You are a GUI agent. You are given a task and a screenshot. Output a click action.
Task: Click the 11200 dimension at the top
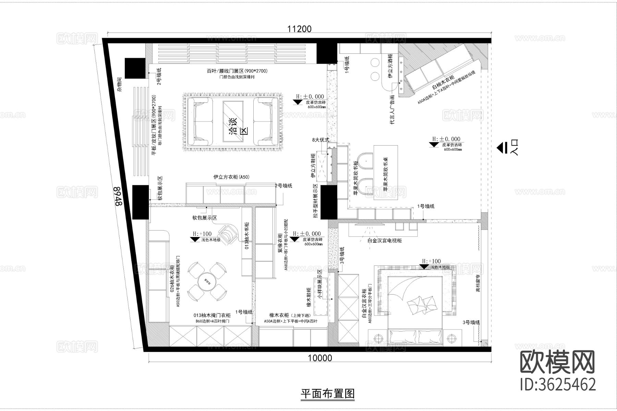300,29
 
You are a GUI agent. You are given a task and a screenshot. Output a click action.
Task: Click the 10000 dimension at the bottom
319,358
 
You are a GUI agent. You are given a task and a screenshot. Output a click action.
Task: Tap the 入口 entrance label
514,148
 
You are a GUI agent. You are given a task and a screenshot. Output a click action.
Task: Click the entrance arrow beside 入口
501,148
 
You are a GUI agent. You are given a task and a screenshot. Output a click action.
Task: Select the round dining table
207,281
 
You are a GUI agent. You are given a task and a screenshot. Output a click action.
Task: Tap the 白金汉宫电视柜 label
384,240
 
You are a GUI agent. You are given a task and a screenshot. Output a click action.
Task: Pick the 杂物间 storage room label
119,84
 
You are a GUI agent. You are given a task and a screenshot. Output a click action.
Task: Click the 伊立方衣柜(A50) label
231,177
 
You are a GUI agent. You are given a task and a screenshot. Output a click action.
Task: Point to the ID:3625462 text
558,385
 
